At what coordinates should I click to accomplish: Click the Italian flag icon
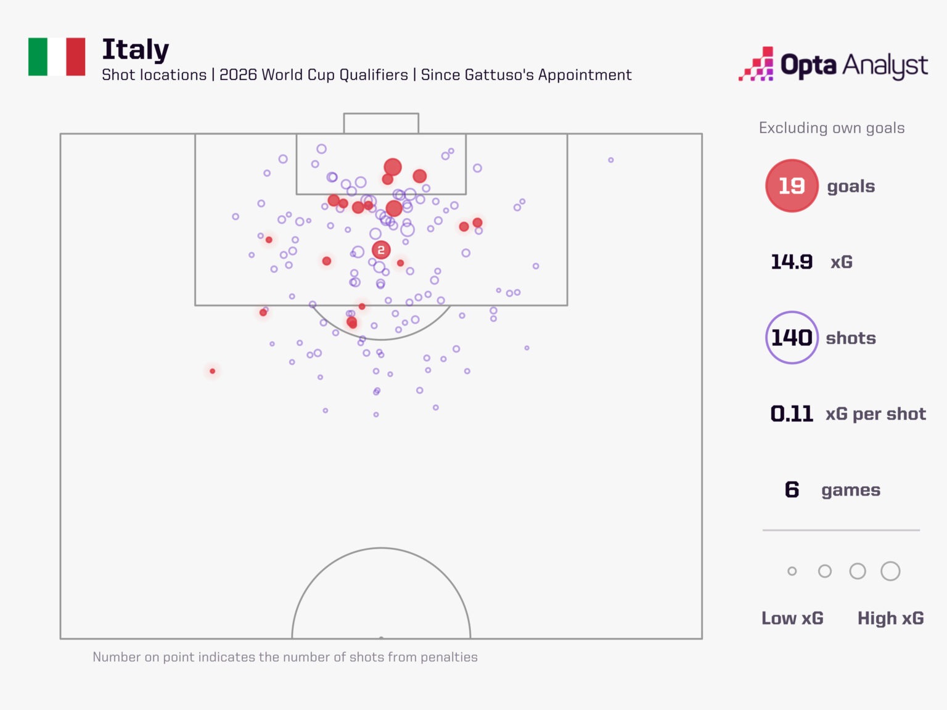point(57,57)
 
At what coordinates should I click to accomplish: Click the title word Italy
point(135,50)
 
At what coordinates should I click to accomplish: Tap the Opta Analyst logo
point(833,64)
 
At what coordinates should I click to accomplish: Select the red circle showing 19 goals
point(792,186)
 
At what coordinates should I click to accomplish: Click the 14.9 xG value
point(792,262)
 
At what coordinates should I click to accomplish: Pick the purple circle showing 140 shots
point(792,338)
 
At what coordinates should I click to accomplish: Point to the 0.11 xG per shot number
point(792,414)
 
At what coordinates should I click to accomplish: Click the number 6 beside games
point(792,490)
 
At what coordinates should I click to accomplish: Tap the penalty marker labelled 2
point(381,250)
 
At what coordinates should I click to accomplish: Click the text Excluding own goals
point(831,128)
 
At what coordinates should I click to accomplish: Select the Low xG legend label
point(792,618)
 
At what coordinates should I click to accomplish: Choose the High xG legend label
point(890,618)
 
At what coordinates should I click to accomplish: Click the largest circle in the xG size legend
point(890,571)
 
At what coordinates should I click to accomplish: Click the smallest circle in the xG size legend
point(792,571)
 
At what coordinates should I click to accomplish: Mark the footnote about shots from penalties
point(285,657)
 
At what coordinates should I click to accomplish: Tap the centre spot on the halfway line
point(381,638)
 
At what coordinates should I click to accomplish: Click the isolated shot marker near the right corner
point(610,160)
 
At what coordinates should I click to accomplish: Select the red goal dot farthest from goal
point(212,371)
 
